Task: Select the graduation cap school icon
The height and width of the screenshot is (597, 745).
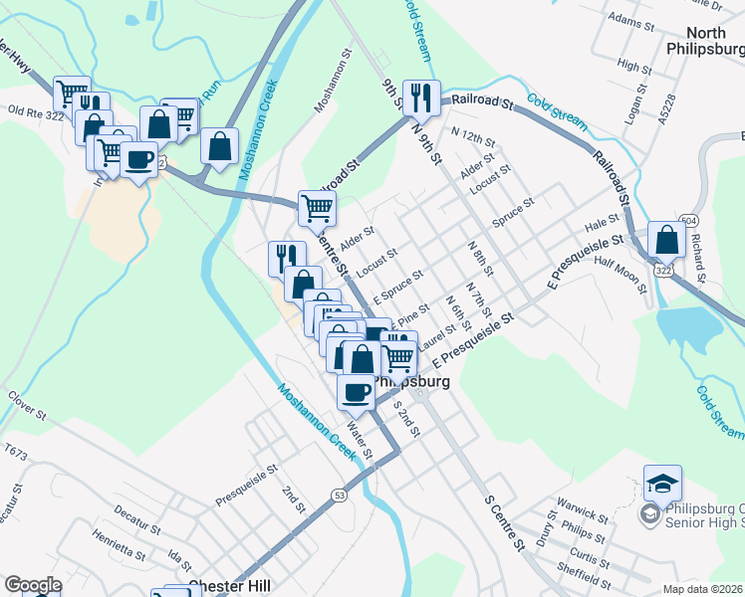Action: point(662,484)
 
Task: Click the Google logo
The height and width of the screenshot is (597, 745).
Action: point(33,585)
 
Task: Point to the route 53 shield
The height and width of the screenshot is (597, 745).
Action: point(340,495)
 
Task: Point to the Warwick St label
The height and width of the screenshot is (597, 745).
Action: point(582,516)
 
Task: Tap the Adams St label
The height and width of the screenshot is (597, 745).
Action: point(636,19)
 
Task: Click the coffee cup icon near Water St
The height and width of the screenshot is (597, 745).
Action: point(357,391)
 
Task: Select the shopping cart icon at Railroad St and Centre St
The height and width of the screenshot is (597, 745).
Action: point(317,209)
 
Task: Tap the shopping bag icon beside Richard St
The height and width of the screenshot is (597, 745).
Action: point(665,240)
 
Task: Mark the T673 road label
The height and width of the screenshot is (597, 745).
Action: point(15,452)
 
